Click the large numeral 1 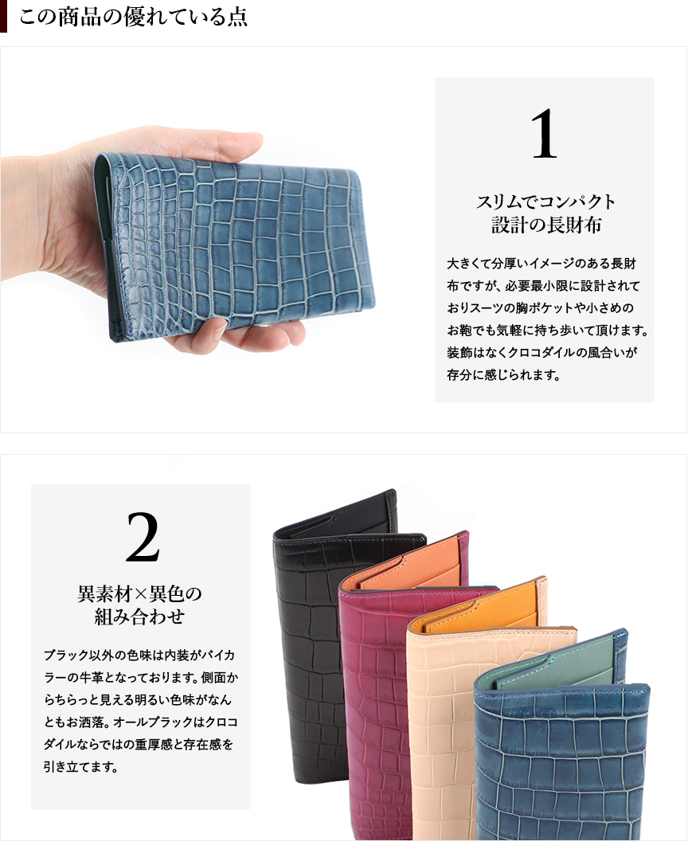[x=545, y=134]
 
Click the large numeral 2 [x=143, y=537]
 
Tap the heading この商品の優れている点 [x=134, y=17]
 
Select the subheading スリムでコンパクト [x=545, y=202]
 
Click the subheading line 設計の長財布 [x=545, y=225]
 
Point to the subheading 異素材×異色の [x=140, y=593]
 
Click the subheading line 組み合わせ [x=140, y=616]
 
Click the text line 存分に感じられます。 [x=503, y=375]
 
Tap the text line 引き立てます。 [x=81, y=766]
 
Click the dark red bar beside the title [x=3, y=16]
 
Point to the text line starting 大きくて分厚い [x=541, y=264]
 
